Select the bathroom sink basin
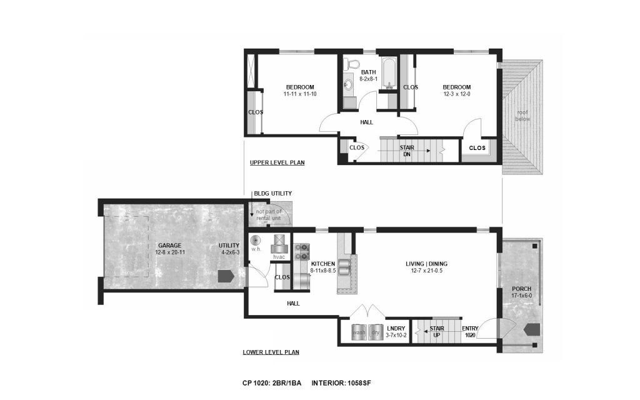pyautogui.click(x=348, y=84)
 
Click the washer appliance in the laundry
pyautogui.click(x=359, y=332)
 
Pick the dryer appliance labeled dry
pyautogui.click(x=375, y=332)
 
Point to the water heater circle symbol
pyautogui.click(x=256, y=241)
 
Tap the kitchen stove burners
pyautogui.click(x=302, y=252)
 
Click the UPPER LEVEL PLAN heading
pyautogui.click(x=277, y=162)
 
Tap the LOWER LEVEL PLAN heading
pyautogui.click(x=271, y=352)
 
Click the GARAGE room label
pyautogui.click(x=170, y=245)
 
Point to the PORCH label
pyautogui.click(x=522, y=289)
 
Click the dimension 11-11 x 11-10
pyautogui.click(x=300, y=94)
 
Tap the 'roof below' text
pyautogui.click(x=522, y=116)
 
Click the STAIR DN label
pyautogui.click(x=407, y=151)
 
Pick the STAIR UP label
pyautogui.click(x=437, y=332)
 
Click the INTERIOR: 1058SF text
pyautogui.click(x=341, y=383)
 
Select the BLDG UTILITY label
pyautogui.click(x=272, y=194)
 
